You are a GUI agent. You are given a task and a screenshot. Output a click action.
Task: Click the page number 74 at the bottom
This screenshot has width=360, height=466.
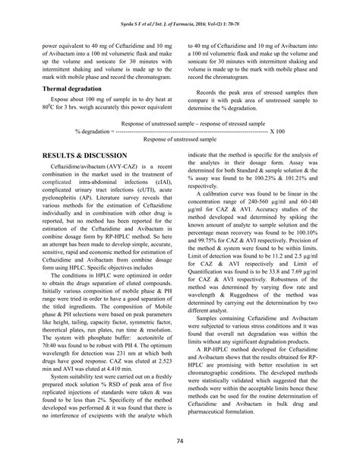[180, 441]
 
